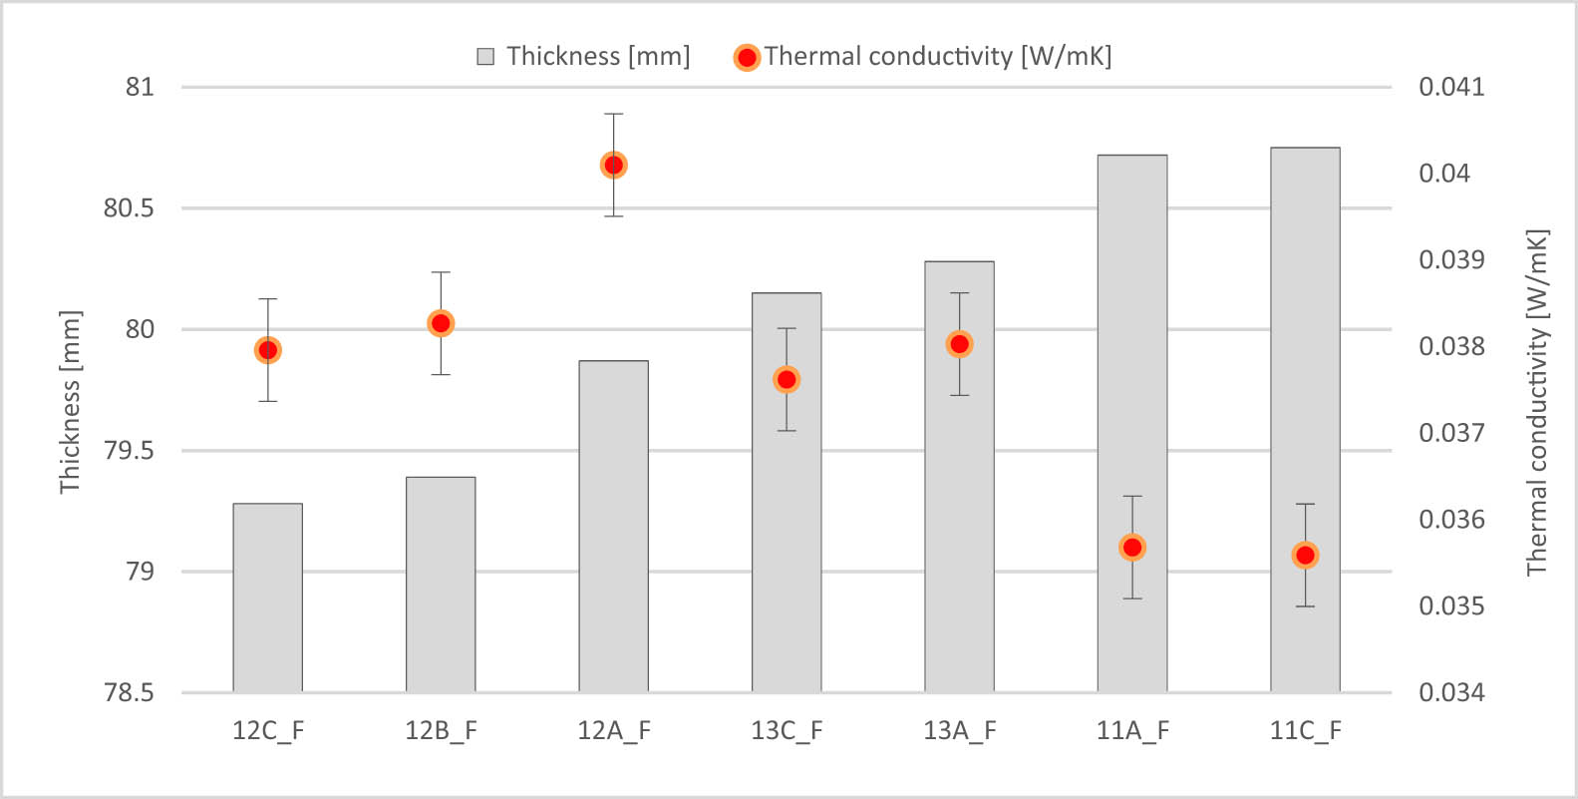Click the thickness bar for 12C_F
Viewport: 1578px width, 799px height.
[267, 599]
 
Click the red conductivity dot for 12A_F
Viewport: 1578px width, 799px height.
[613, 166]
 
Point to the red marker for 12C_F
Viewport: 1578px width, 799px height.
[267, 350]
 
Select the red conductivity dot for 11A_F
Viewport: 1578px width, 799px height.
[1131, 548]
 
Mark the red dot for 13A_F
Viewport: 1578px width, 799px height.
[959, 344]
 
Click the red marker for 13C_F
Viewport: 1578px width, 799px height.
[787, 380]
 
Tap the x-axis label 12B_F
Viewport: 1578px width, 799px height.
[441, 731]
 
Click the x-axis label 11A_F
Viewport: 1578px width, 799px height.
[1132, 731]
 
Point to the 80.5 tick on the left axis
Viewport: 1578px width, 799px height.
[129, 208]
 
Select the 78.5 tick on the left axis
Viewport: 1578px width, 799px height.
[129, 692]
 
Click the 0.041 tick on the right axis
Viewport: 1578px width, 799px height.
[1450, 87]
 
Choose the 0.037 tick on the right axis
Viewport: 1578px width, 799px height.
[1450, 433]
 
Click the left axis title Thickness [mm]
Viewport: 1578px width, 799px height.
[69, 402]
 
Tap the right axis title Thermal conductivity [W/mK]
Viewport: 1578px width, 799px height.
[1537, 402]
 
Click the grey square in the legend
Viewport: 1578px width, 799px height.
[485, 57]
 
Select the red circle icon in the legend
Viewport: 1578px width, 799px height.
[747, 57]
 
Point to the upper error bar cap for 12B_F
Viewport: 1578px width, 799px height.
[441, 272]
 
